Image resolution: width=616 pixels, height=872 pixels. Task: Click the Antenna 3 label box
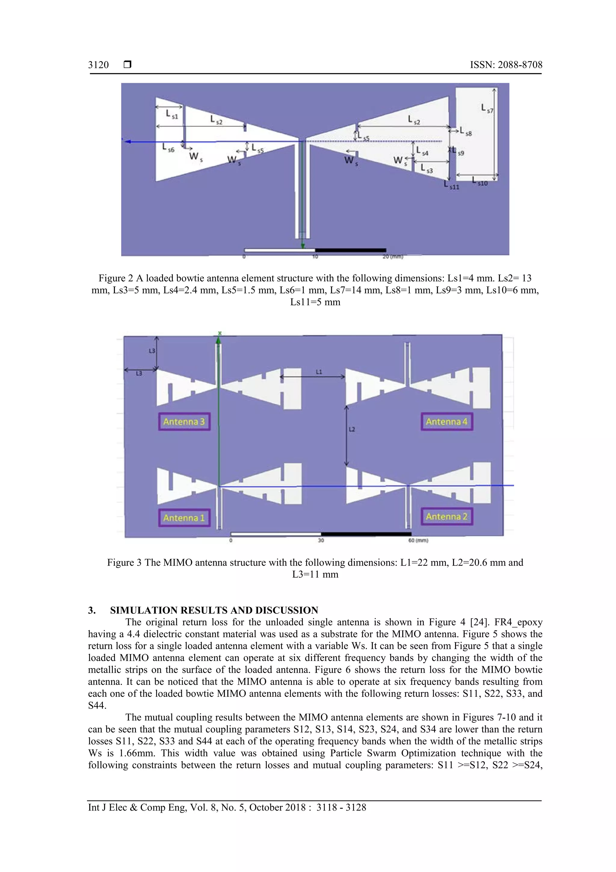[x=184, y=422]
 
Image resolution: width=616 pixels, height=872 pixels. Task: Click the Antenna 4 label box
[x=447, y=422]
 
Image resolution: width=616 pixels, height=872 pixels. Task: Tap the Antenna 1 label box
[x=184, y=518]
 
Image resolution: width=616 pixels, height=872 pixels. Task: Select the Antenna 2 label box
[x=447, y=517]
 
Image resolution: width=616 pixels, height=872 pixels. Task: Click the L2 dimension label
[x=352, y=429]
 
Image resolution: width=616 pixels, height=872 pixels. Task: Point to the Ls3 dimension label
[x=426, y=168]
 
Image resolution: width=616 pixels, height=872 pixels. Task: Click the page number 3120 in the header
[x=98, y=65]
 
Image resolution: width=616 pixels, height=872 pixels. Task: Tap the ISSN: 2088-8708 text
[x=506, y=65]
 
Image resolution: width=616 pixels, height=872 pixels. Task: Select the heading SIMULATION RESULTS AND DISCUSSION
[x=214, y=610]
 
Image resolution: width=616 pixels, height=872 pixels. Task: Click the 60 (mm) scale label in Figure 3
[x=418, y=540]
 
